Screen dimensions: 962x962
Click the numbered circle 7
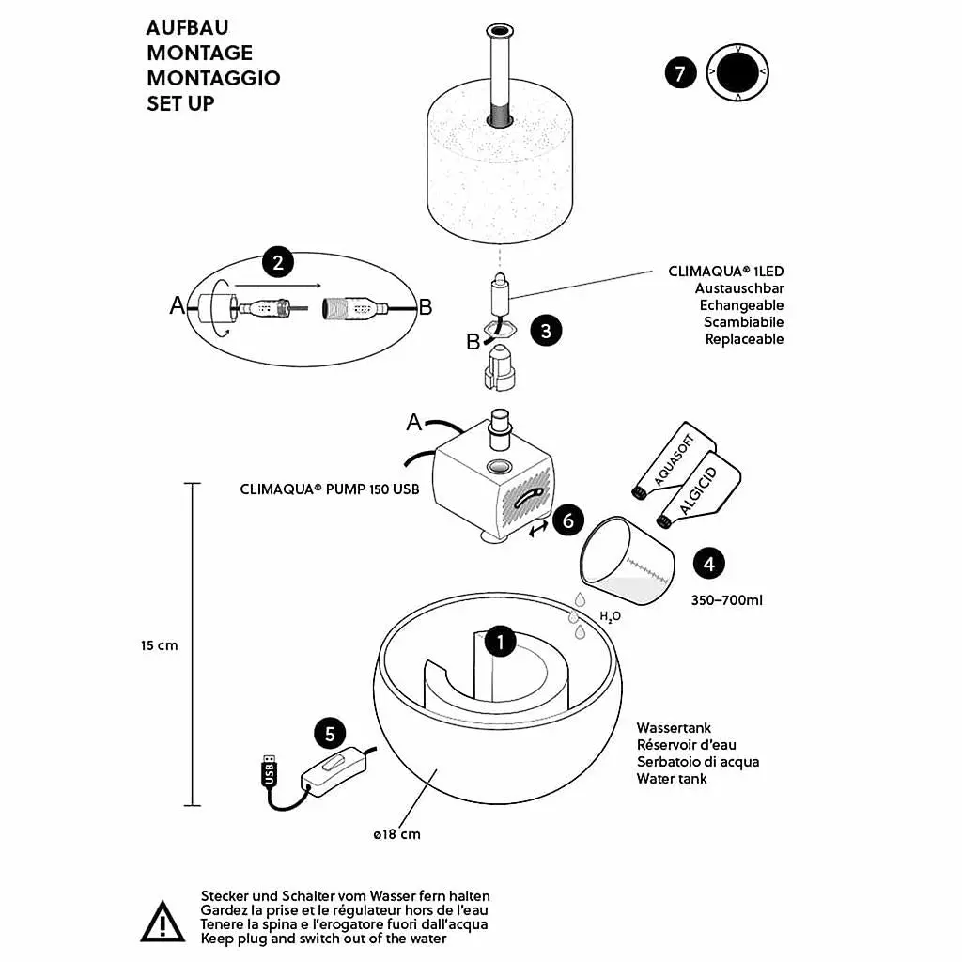pyautogui.click(x=680, y=73)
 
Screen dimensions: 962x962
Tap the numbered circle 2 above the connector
pyautogui.click(x=278, y=263)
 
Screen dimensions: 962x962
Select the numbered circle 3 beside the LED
pyautogui.click(x=546, y=331)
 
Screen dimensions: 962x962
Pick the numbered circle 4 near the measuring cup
pyautogui.click(x=708, y=564)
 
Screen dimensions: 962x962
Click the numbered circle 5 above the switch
pyautogui.click(x=330, y=734)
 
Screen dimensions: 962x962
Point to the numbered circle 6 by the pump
pyautogui.click(x=568, y=520)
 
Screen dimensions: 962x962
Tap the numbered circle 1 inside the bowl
pyautogui.click(x=501, y=642)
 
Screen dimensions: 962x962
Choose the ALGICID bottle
pyautogui.click(x=699, y=490)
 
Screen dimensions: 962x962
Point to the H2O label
pyautogui.click(x=610, y=616)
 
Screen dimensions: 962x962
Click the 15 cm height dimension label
pyautogui.click(x=160, y=645)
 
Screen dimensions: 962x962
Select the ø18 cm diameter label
pyautogui.click(x=397, y=834)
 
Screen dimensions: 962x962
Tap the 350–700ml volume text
pyautogui.click(x=727, y=600)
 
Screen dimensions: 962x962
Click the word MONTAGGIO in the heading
pyautogui.click(x=213, y=78)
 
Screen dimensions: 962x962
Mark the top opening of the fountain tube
pyautogui.click(x=500, y=31)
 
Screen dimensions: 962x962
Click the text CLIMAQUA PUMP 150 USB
pyautogui.click(x=330, y=489)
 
